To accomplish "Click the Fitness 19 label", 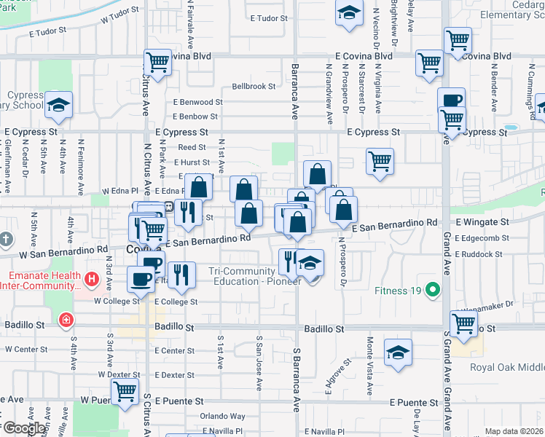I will pyautogui.click(x=398, y=291).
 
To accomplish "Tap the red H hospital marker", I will pyautogui.click(x=91, y=277).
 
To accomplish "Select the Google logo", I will pyautogui.click(x=24, y=428).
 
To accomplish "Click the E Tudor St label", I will pyautogui.click(x=270, y=18).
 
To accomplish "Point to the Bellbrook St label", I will pyautogui.click(x=254, y=86).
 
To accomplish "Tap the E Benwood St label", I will pyautogui.click(x=197, y=103).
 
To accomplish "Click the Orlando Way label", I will pyautogui.click(x=223, y=417).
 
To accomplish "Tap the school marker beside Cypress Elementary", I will pyautogui.click(x=58, y=106).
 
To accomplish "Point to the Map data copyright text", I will pyautogui.click(x=514, y=431).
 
